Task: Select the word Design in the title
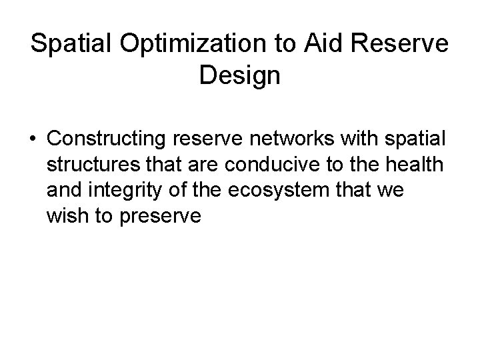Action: point(239,75)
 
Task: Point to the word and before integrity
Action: point(67,189)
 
